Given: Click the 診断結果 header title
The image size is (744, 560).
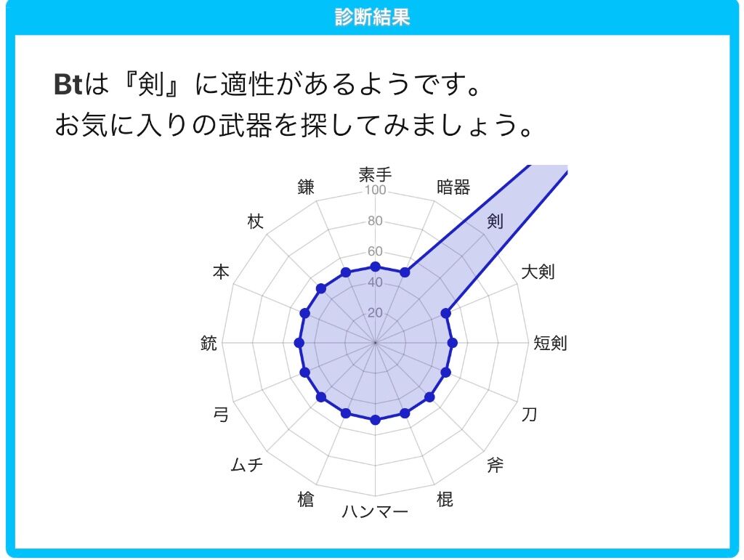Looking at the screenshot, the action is pyautogui.click(x=372, y=17).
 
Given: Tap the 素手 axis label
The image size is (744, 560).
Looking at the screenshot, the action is pyautogui.click(x=375, y=174).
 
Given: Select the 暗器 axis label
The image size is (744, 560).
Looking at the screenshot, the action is pyautogui.click(x=453, y=187).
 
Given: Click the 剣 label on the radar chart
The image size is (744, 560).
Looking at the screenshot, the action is pyautogui.click(x=495, y=221).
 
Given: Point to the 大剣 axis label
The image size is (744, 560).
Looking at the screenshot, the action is pyautogui.click(x=538, y=272).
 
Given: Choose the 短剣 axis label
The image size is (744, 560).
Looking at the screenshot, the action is pyautogui.click(x=550, y=342).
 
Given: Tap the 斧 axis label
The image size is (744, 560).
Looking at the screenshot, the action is pyautogui.click(x=495, y=465).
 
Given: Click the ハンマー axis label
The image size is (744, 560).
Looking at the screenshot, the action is pyautogui.click(x=375, y=511).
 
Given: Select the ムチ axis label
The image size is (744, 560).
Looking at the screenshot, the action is pyautogui.click(x=246, y=465).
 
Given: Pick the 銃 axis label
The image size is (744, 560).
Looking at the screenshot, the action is pyautogui.click(x=209, y=342).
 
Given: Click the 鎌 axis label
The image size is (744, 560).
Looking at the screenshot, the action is pyautogui.click(x=306, y=187).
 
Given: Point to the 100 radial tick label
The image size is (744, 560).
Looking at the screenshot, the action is pyautogui.click(x=375, y=190).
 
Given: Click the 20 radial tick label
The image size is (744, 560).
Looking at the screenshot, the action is pyautogui.click(x=375, y=312).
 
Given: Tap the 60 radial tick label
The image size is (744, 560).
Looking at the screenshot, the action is pyautogui.click(x=375, y=251).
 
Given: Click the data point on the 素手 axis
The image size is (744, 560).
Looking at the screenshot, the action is pyautogui.click(x=375, y=267).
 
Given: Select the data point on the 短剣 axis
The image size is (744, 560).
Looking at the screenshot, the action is pyautogui.click(x=452, y=342).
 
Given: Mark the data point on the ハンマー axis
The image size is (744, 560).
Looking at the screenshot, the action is pyautogui.click(x=375, y=420).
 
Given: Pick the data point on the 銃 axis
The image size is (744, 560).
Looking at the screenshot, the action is pyautogui.click(x=299, y=342).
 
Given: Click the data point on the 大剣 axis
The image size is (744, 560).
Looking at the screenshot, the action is pyautogui.click(x=445, y=313).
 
